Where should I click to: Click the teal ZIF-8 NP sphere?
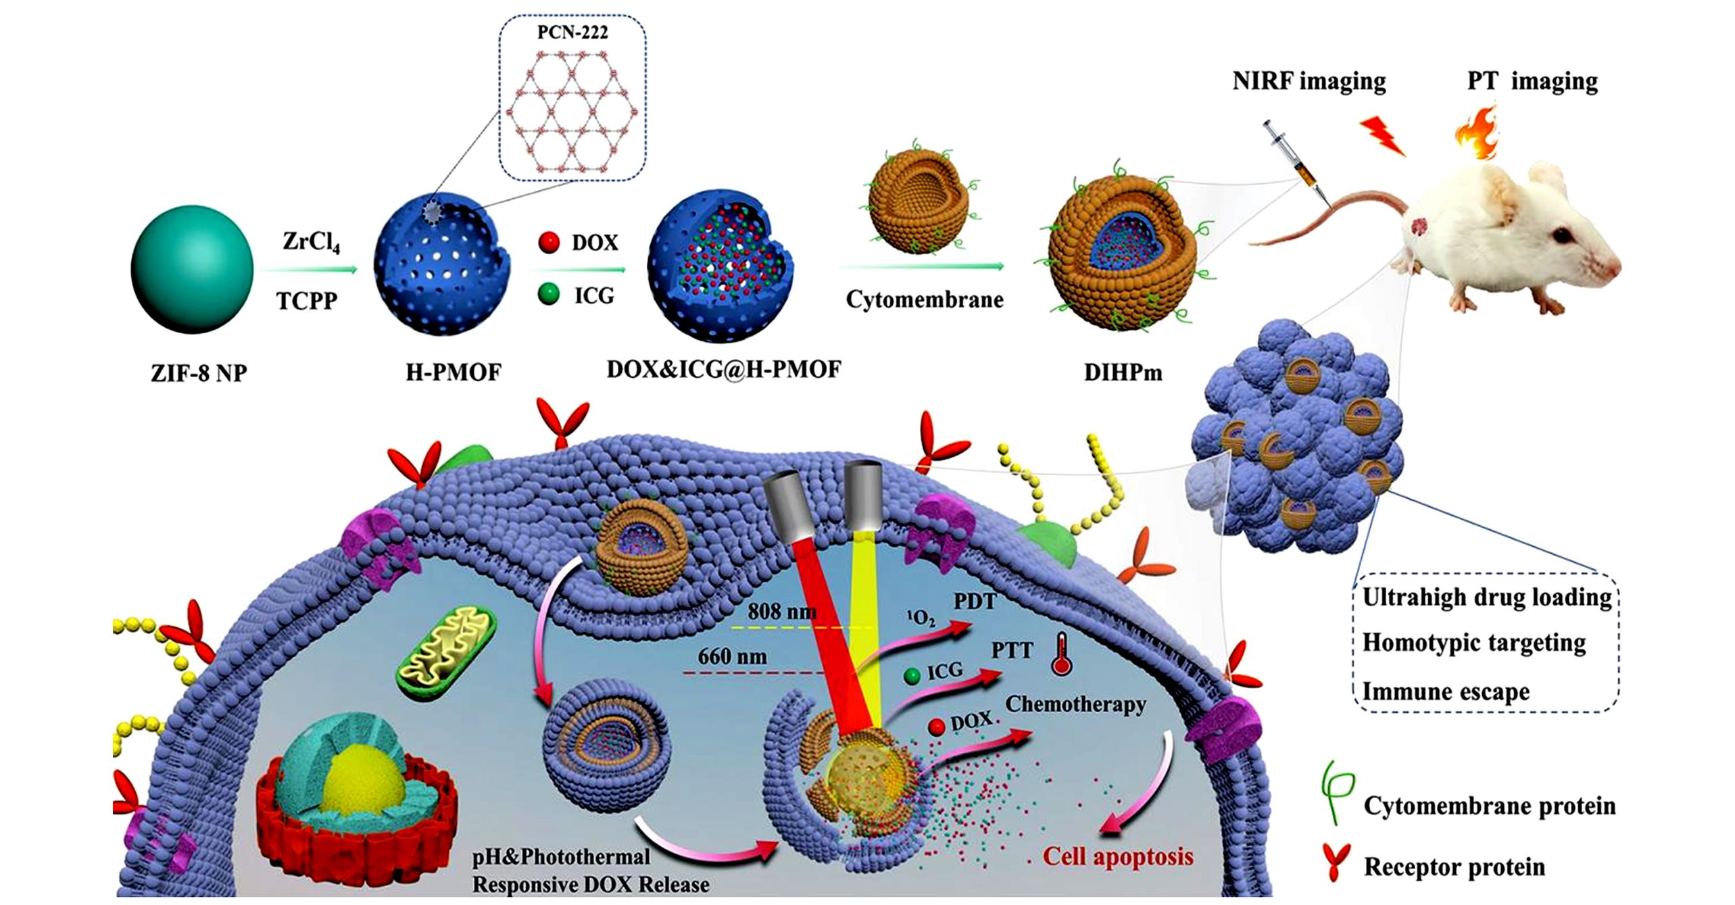(193, 270)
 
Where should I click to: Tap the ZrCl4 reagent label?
(311, 242)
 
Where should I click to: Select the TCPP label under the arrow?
(307, 300)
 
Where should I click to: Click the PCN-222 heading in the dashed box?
(572, 32)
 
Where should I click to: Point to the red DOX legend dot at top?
(549, 242)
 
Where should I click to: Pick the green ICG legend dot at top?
(549, 294)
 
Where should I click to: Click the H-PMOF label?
(453, 372)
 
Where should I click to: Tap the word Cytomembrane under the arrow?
(924, 299)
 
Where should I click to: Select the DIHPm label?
(1123, 372)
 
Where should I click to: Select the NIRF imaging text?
(1309, 81)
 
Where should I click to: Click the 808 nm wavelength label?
(781, 612)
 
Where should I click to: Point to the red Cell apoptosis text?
(1118, 856)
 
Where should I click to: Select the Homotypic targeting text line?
(1473, 642)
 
